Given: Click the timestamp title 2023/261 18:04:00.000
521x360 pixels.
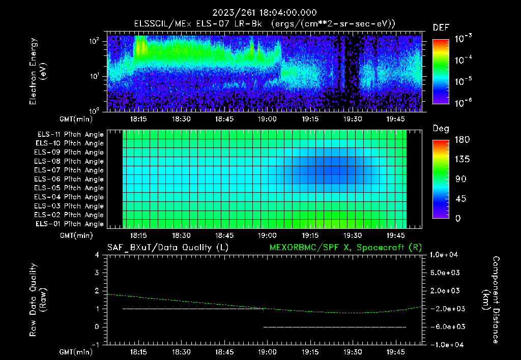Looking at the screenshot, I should [x=260, y=13].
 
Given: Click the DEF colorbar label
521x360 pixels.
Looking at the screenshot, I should [x=441, y=27].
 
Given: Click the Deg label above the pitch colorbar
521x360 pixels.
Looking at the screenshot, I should [x=441, y=128].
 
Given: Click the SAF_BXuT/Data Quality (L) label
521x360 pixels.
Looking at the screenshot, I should [x=167, y=248].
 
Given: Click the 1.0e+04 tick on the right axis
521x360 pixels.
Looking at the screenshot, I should [x=445, y=255].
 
